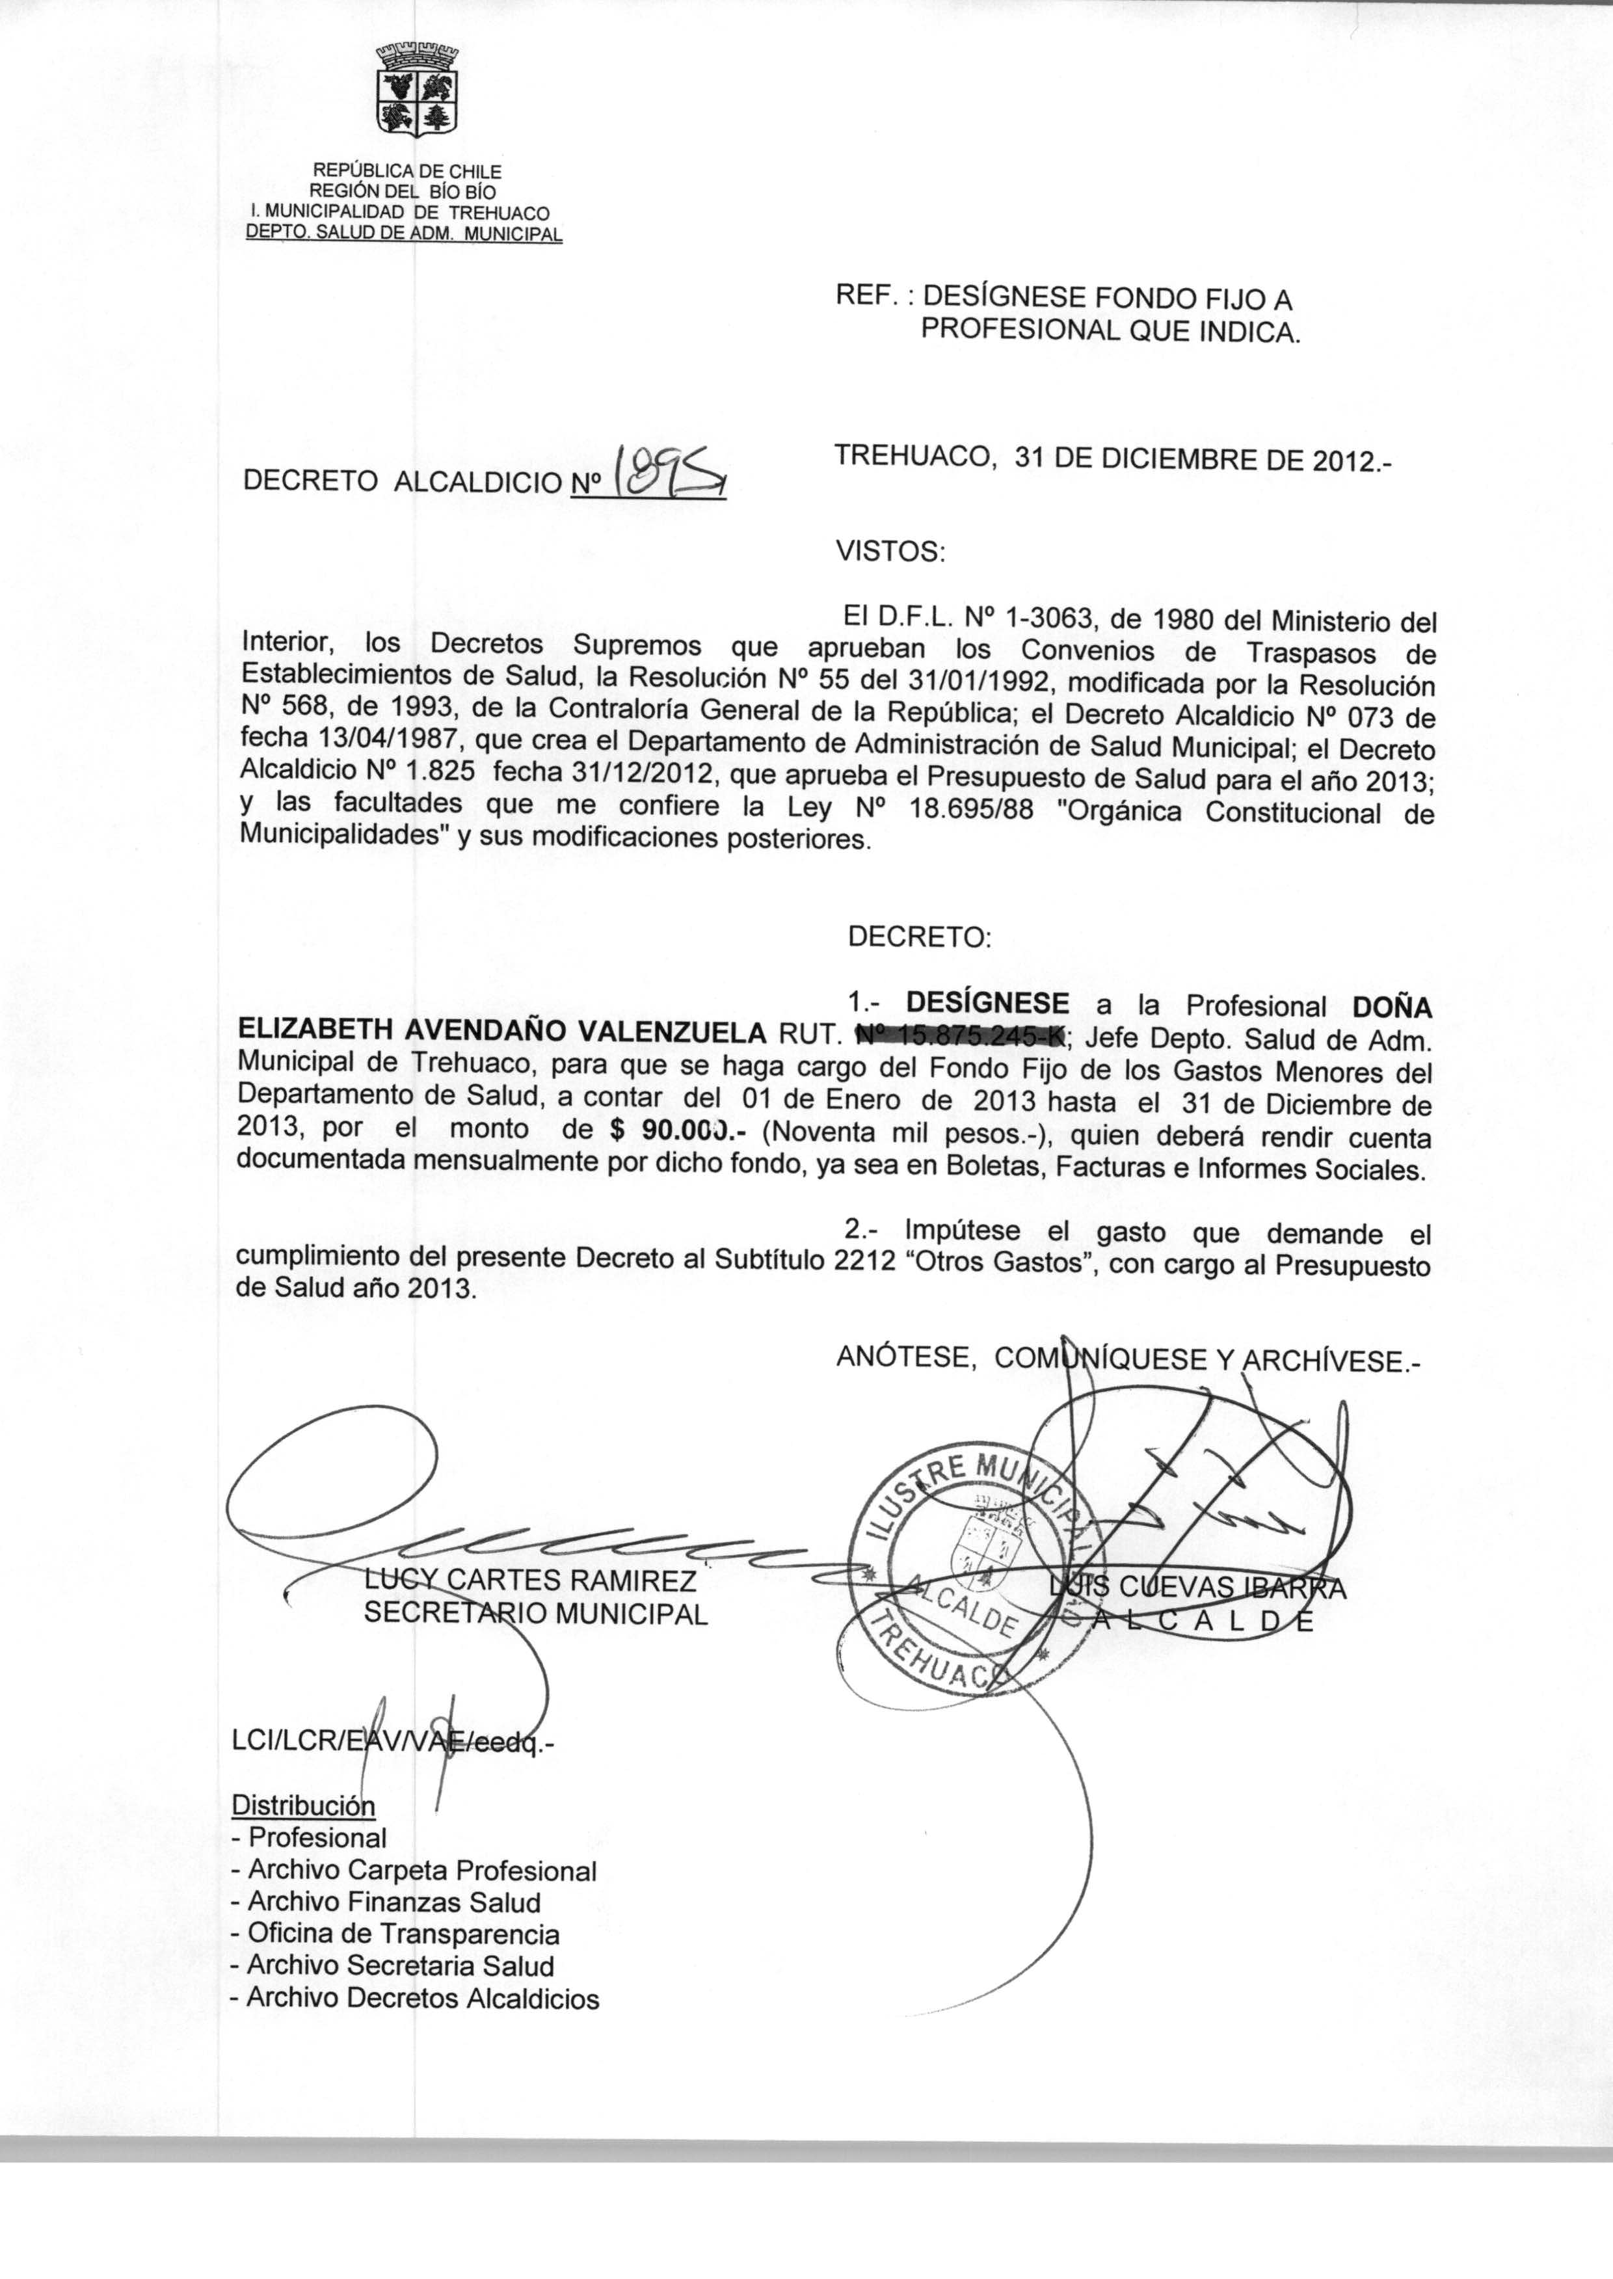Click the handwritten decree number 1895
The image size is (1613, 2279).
(x=671, y=470)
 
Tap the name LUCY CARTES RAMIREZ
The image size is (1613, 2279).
(x=530, y=1580)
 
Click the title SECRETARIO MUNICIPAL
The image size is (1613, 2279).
(x=535, y=1614)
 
